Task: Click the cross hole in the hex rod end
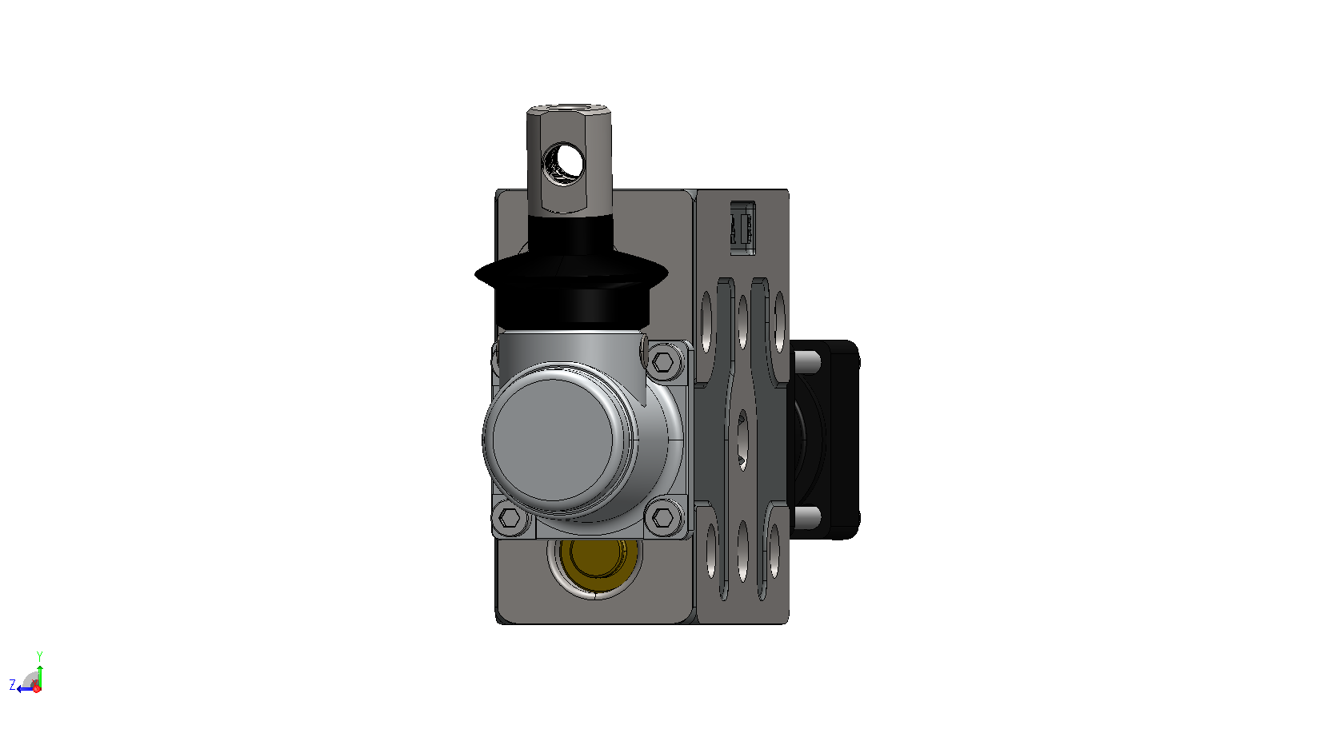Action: click(x=563, y=160)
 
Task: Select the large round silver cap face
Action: click(x=553, y=440)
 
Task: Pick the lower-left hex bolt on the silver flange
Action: click(x=510, y=518)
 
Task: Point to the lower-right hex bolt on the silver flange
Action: click(x=663, y=518)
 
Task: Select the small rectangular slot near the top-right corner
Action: click(x=742, y=228)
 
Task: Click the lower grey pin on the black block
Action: click(x=807, y=517)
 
